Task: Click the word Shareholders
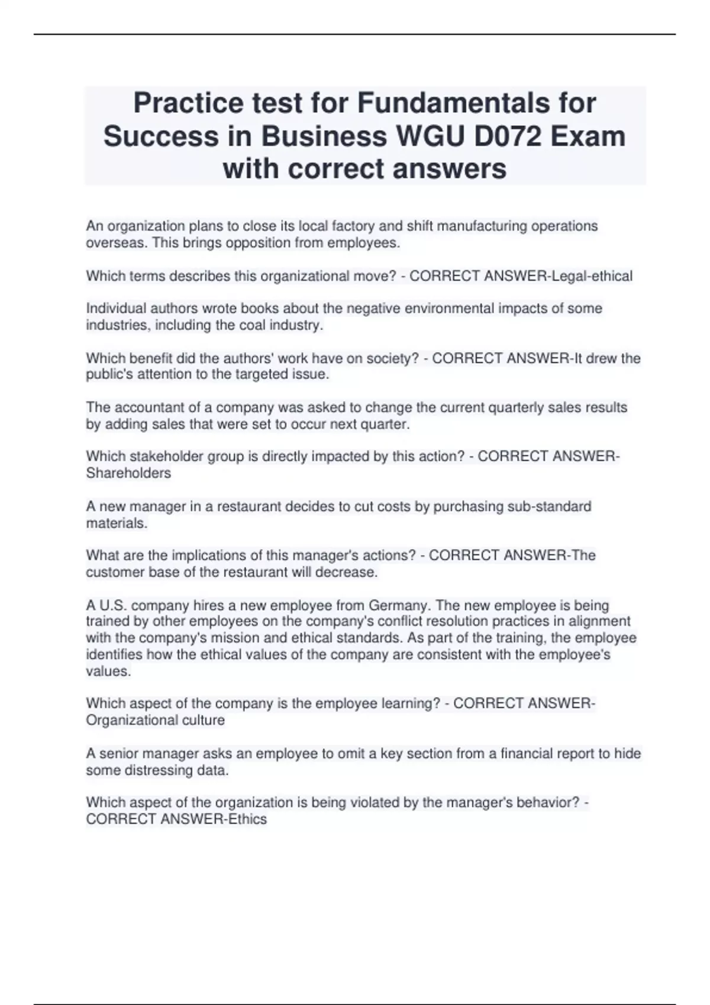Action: point(128,474)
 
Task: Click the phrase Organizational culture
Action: point(155,721)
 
